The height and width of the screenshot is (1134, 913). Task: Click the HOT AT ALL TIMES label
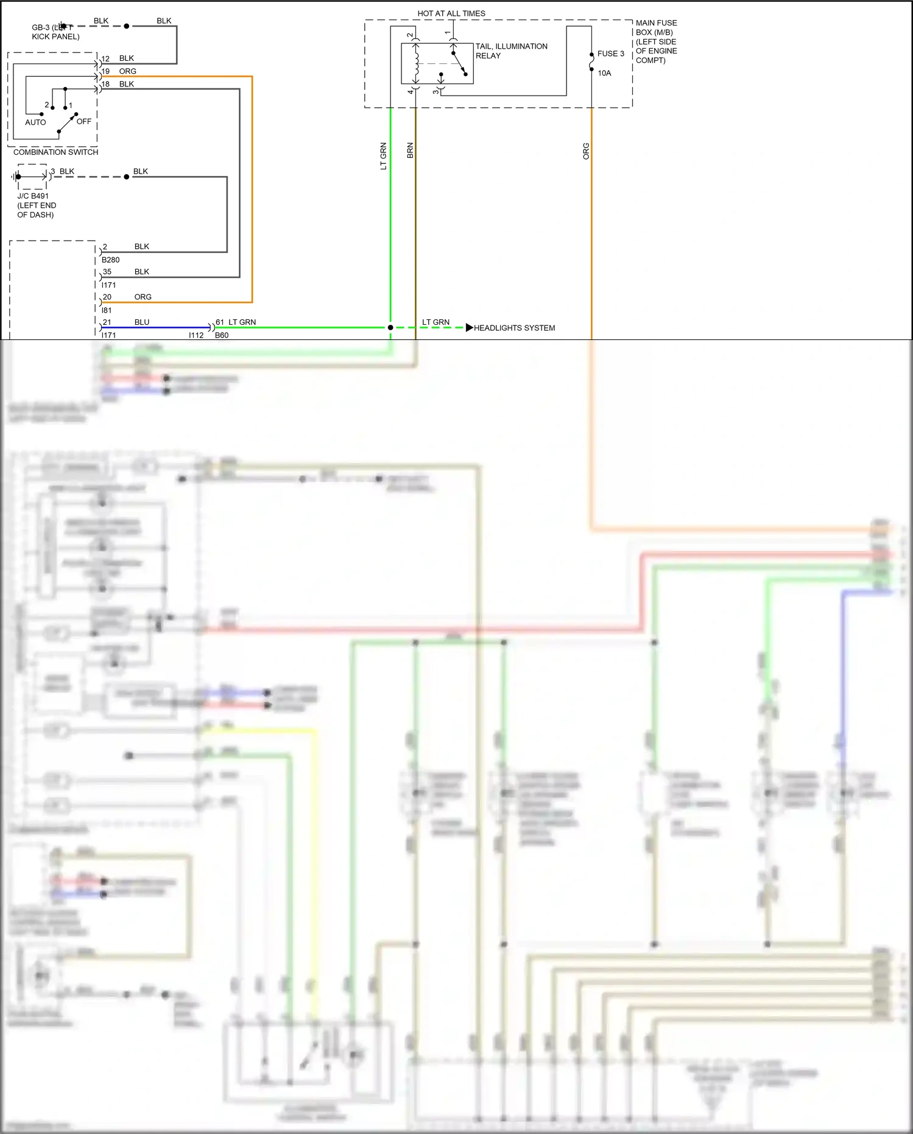tap(451, 13)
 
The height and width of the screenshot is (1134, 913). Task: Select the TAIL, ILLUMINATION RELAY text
tap(511, 51)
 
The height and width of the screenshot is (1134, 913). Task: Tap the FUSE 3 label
tap(610, 54)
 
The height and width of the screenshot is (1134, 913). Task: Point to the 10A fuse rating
tap(604, 73)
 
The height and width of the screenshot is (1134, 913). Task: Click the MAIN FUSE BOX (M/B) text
tap(656, 27)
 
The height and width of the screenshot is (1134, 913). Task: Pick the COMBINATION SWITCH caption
tap(55, 152)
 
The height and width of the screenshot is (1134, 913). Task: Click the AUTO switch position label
tap(35, 122)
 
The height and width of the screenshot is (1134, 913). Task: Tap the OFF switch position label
tap(84, 121)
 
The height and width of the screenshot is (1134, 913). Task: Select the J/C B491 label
tap(33, 196)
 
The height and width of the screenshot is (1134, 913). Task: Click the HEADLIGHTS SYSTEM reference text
tap(514, 328)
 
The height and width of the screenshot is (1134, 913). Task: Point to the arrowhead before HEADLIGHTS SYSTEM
tap(469, 328)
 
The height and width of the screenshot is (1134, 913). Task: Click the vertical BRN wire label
tap(410, 151)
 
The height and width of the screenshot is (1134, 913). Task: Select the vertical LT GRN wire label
tap(383, 156)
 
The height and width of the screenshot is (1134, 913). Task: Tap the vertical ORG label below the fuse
tap(586, 151)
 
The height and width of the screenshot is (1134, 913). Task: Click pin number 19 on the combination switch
tap(105, 71)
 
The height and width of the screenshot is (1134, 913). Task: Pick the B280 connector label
tap(110, 260)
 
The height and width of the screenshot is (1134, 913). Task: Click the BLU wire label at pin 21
tap(142, 322)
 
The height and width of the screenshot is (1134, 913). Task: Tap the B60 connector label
tap(222, 335)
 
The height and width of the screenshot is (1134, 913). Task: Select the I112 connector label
tap(196, 335)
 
